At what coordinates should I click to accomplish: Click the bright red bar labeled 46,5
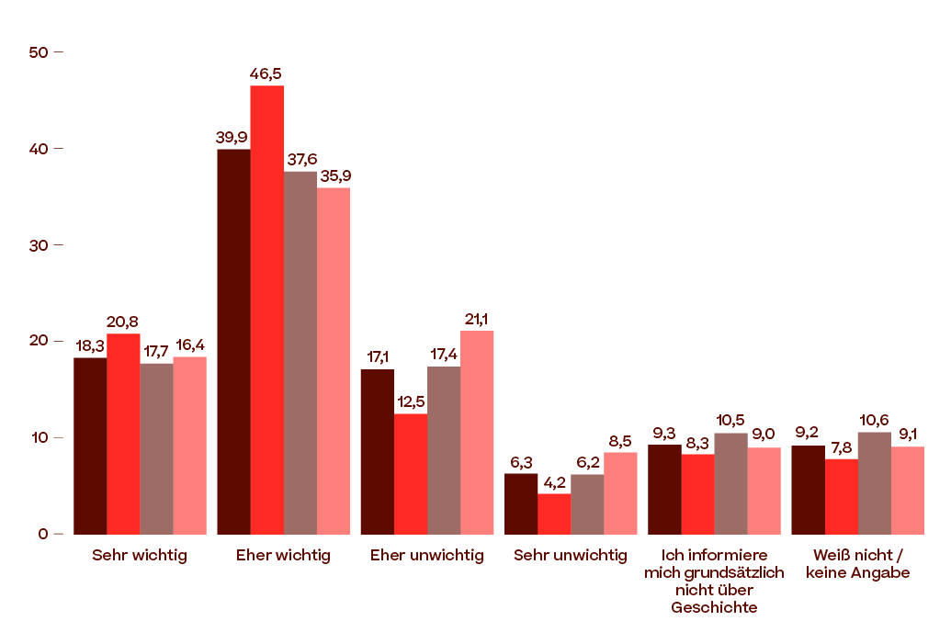click(267, 309)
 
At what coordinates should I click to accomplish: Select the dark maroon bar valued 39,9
click(233, 341)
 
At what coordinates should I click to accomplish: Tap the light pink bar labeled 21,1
click(477, 432)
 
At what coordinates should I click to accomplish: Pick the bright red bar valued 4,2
click(554, 514)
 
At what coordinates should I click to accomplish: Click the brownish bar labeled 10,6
click(875, 482)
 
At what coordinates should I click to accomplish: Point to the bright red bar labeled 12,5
click(411, 473)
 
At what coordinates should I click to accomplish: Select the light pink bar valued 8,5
click(621, 492)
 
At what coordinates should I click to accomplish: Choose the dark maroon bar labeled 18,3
click(90, 446)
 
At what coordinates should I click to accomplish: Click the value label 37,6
click(301, 160)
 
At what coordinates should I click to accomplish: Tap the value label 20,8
click(123, 322)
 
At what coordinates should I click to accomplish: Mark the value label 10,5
click(730, 421)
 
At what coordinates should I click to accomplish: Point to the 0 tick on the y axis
click(43, 534)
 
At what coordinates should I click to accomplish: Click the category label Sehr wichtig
click(140, 556)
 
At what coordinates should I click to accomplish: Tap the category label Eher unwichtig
click(426, 556)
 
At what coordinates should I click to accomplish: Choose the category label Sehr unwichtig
click(571, 556)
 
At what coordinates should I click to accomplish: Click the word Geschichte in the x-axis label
click(714, 607)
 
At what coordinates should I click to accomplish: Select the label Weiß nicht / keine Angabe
click(858, 564)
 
